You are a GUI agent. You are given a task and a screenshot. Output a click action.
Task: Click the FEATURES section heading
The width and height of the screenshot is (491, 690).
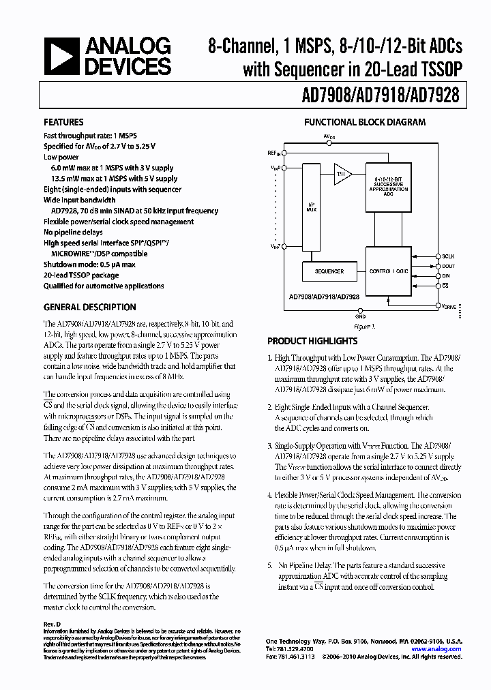tap(64, 123)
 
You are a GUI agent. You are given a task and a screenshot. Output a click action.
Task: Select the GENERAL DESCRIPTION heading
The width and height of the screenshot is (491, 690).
tap(90, 307)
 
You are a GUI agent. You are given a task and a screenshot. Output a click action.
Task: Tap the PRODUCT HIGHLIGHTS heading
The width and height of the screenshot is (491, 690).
tap(312, 341)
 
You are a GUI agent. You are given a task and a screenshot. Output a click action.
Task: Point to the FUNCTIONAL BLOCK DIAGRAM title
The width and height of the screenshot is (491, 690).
tap(365, 123)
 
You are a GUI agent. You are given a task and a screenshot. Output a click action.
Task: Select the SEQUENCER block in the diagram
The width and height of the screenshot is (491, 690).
tap(329, 271)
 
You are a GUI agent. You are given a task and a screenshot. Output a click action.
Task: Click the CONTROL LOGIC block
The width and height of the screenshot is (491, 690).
tap(389, 271)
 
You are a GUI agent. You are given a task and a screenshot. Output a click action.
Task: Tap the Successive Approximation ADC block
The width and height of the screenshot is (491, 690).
tap(389, 185)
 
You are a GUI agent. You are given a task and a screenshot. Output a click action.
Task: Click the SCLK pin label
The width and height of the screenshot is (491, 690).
tap(448, 257)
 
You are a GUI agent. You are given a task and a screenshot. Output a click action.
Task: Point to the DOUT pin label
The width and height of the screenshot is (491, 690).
tap(448, 267)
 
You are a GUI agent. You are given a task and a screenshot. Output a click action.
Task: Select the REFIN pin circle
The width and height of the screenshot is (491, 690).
tap(284, 153)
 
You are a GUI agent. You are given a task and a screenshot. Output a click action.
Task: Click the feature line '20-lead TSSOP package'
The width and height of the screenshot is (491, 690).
tap(86, 275)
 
